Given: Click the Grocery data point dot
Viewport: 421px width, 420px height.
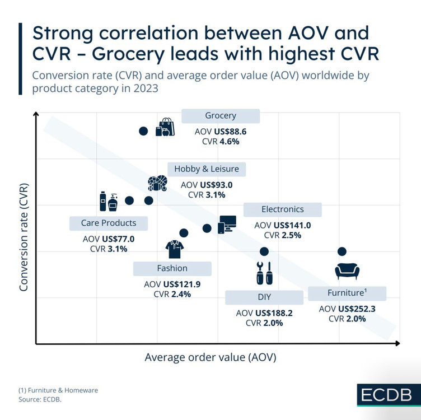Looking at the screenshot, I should pos(143,131).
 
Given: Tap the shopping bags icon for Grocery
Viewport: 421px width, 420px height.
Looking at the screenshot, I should pos(165,127).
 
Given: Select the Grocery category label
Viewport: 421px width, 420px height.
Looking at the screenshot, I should pos(221,116).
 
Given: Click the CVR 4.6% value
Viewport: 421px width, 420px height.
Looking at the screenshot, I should pos(221,142).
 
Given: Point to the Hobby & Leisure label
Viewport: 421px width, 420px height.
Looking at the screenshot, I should pos(206,169).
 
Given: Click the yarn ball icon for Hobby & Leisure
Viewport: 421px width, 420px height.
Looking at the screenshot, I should pos(157,184).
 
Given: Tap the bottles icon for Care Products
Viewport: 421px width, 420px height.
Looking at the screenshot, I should pos(109,200).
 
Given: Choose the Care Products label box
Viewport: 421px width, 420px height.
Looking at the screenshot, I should pos(109,223).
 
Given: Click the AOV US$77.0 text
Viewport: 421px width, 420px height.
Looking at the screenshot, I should pos(109,239).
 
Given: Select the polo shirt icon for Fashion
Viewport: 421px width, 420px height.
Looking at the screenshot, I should pos(175,247).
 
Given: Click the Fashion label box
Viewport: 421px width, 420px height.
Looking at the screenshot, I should pos(172,268).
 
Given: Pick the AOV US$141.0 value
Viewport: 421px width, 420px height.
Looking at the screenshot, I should pos(283,225).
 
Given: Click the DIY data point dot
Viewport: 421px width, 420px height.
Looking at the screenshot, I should pos(264,251).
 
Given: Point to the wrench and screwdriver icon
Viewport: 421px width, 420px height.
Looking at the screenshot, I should pos(263,273).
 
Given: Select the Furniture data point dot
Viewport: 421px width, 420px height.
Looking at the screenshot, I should pos(342,251).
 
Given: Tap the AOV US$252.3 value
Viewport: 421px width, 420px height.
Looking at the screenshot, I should pos(347,309).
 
